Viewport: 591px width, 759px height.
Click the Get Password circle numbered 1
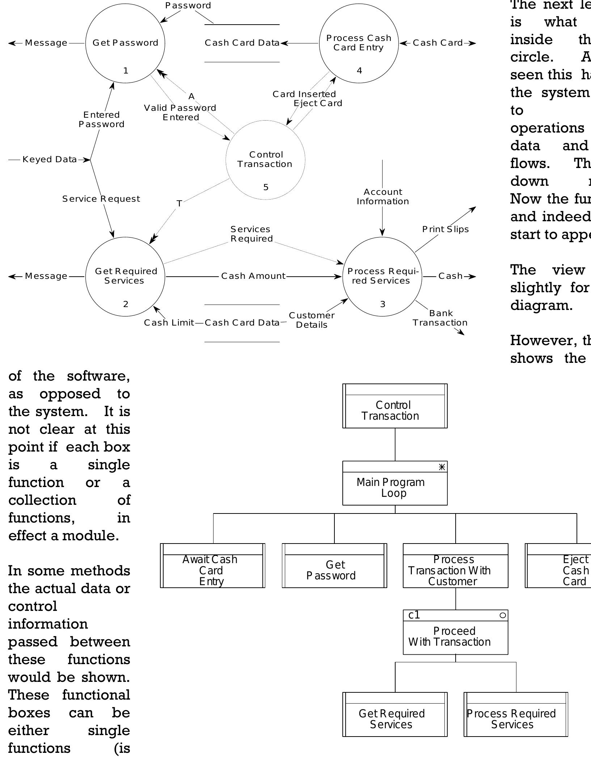(125, 43)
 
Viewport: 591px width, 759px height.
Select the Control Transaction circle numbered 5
(265, 160)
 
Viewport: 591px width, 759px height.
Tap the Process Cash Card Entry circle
(359, 43)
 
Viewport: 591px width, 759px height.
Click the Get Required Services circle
(125, 276)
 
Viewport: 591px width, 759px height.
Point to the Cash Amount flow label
(253, 276)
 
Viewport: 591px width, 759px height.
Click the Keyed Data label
(50, 159)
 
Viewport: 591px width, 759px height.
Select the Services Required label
(251, 234)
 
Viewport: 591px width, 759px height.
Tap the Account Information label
(383, 197)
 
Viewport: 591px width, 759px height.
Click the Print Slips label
(445, 229)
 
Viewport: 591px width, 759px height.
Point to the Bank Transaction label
(440, 318)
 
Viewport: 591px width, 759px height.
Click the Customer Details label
(312, 320)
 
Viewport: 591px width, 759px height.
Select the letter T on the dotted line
(179, 204)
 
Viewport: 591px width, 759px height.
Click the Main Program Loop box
(394, 487)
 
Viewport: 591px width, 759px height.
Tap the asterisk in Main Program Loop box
(442, 467)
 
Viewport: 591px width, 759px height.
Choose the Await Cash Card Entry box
(212, 570)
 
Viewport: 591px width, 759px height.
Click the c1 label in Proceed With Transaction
(414, 615)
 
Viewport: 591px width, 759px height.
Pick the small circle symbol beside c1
(502, 615)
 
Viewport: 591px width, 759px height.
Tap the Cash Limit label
(169, 323)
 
